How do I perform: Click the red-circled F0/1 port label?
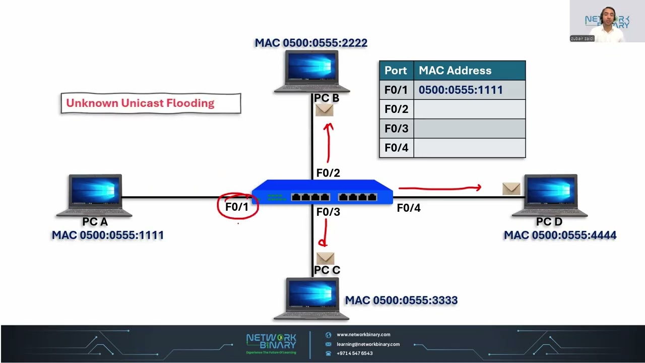click(237, 207)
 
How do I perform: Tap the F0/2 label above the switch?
click(328, 173)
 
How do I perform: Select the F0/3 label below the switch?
click(328, 212)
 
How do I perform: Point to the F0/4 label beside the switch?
click(409, 208)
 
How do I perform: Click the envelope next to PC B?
click(325, 110)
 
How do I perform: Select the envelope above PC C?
click(326, 258)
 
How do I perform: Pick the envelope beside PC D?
click(511, 189)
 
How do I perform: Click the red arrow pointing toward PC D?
click(439, 188)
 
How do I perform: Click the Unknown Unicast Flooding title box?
click(151, 103)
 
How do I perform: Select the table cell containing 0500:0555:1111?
click(469, 90)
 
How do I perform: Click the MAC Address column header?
click(469, 71)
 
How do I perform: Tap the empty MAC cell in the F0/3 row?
click(469, 129)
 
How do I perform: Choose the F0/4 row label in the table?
click(396, 148)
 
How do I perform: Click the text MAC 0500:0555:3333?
click(401, 300)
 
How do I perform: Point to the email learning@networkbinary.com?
click(368, 344)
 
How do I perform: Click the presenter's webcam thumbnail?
click(607, 21)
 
